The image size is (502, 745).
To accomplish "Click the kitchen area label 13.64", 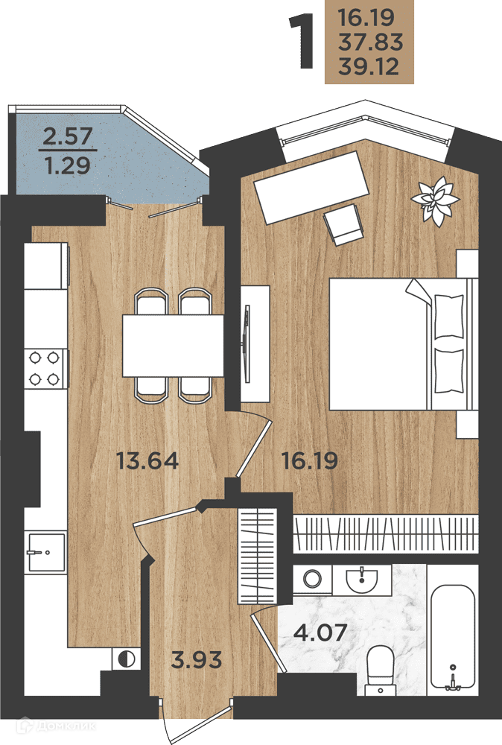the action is [147, 461].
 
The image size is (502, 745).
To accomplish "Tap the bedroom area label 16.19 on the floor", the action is [310, 460].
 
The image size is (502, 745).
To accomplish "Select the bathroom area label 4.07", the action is [320, 633].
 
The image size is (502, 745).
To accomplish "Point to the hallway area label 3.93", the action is [197, 659].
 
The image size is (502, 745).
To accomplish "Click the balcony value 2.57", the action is [68, 137].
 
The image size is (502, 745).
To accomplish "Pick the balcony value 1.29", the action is [68, 166].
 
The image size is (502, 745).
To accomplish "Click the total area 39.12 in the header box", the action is [369, 67].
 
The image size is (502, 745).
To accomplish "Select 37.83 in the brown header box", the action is [370, 42].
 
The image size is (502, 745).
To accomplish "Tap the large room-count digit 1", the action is [302, 41].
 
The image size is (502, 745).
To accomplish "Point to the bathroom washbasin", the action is [362, 579].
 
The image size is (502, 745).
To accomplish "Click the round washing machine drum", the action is [312, 579].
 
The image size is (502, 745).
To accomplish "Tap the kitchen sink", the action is [46, 552].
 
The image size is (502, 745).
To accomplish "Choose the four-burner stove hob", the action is [45, 368].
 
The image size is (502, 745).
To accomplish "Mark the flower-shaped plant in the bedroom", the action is [435, 200].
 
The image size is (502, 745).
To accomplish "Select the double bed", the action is [403, 344].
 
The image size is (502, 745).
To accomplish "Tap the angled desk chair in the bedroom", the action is [343, 225].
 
